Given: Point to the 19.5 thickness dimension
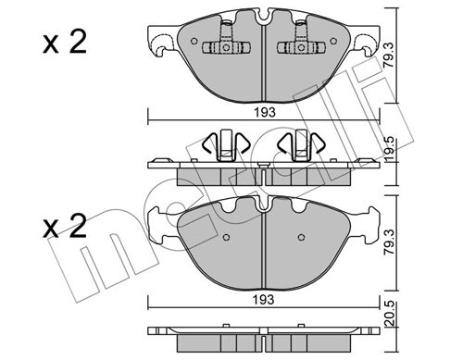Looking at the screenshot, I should click(x=402, y=149).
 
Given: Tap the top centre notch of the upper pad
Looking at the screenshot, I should click(x=265, y=16).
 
